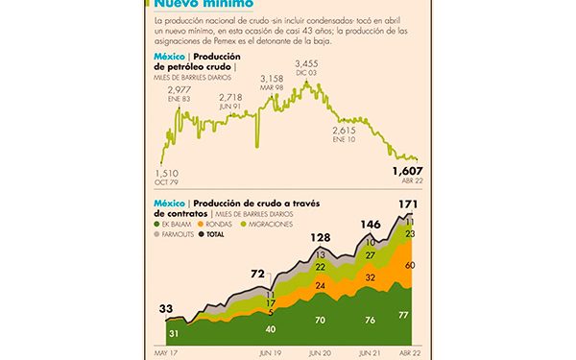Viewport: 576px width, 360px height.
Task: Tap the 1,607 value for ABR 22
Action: [406, 171]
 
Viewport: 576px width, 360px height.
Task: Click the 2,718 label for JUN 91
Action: [230, 97]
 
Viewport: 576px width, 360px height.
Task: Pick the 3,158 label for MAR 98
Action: [275, 78]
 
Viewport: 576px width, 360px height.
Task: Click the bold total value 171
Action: [407, 204]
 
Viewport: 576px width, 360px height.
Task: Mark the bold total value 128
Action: [321, 237]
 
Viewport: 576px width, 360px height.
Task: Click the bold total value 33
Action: [166, 308]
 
